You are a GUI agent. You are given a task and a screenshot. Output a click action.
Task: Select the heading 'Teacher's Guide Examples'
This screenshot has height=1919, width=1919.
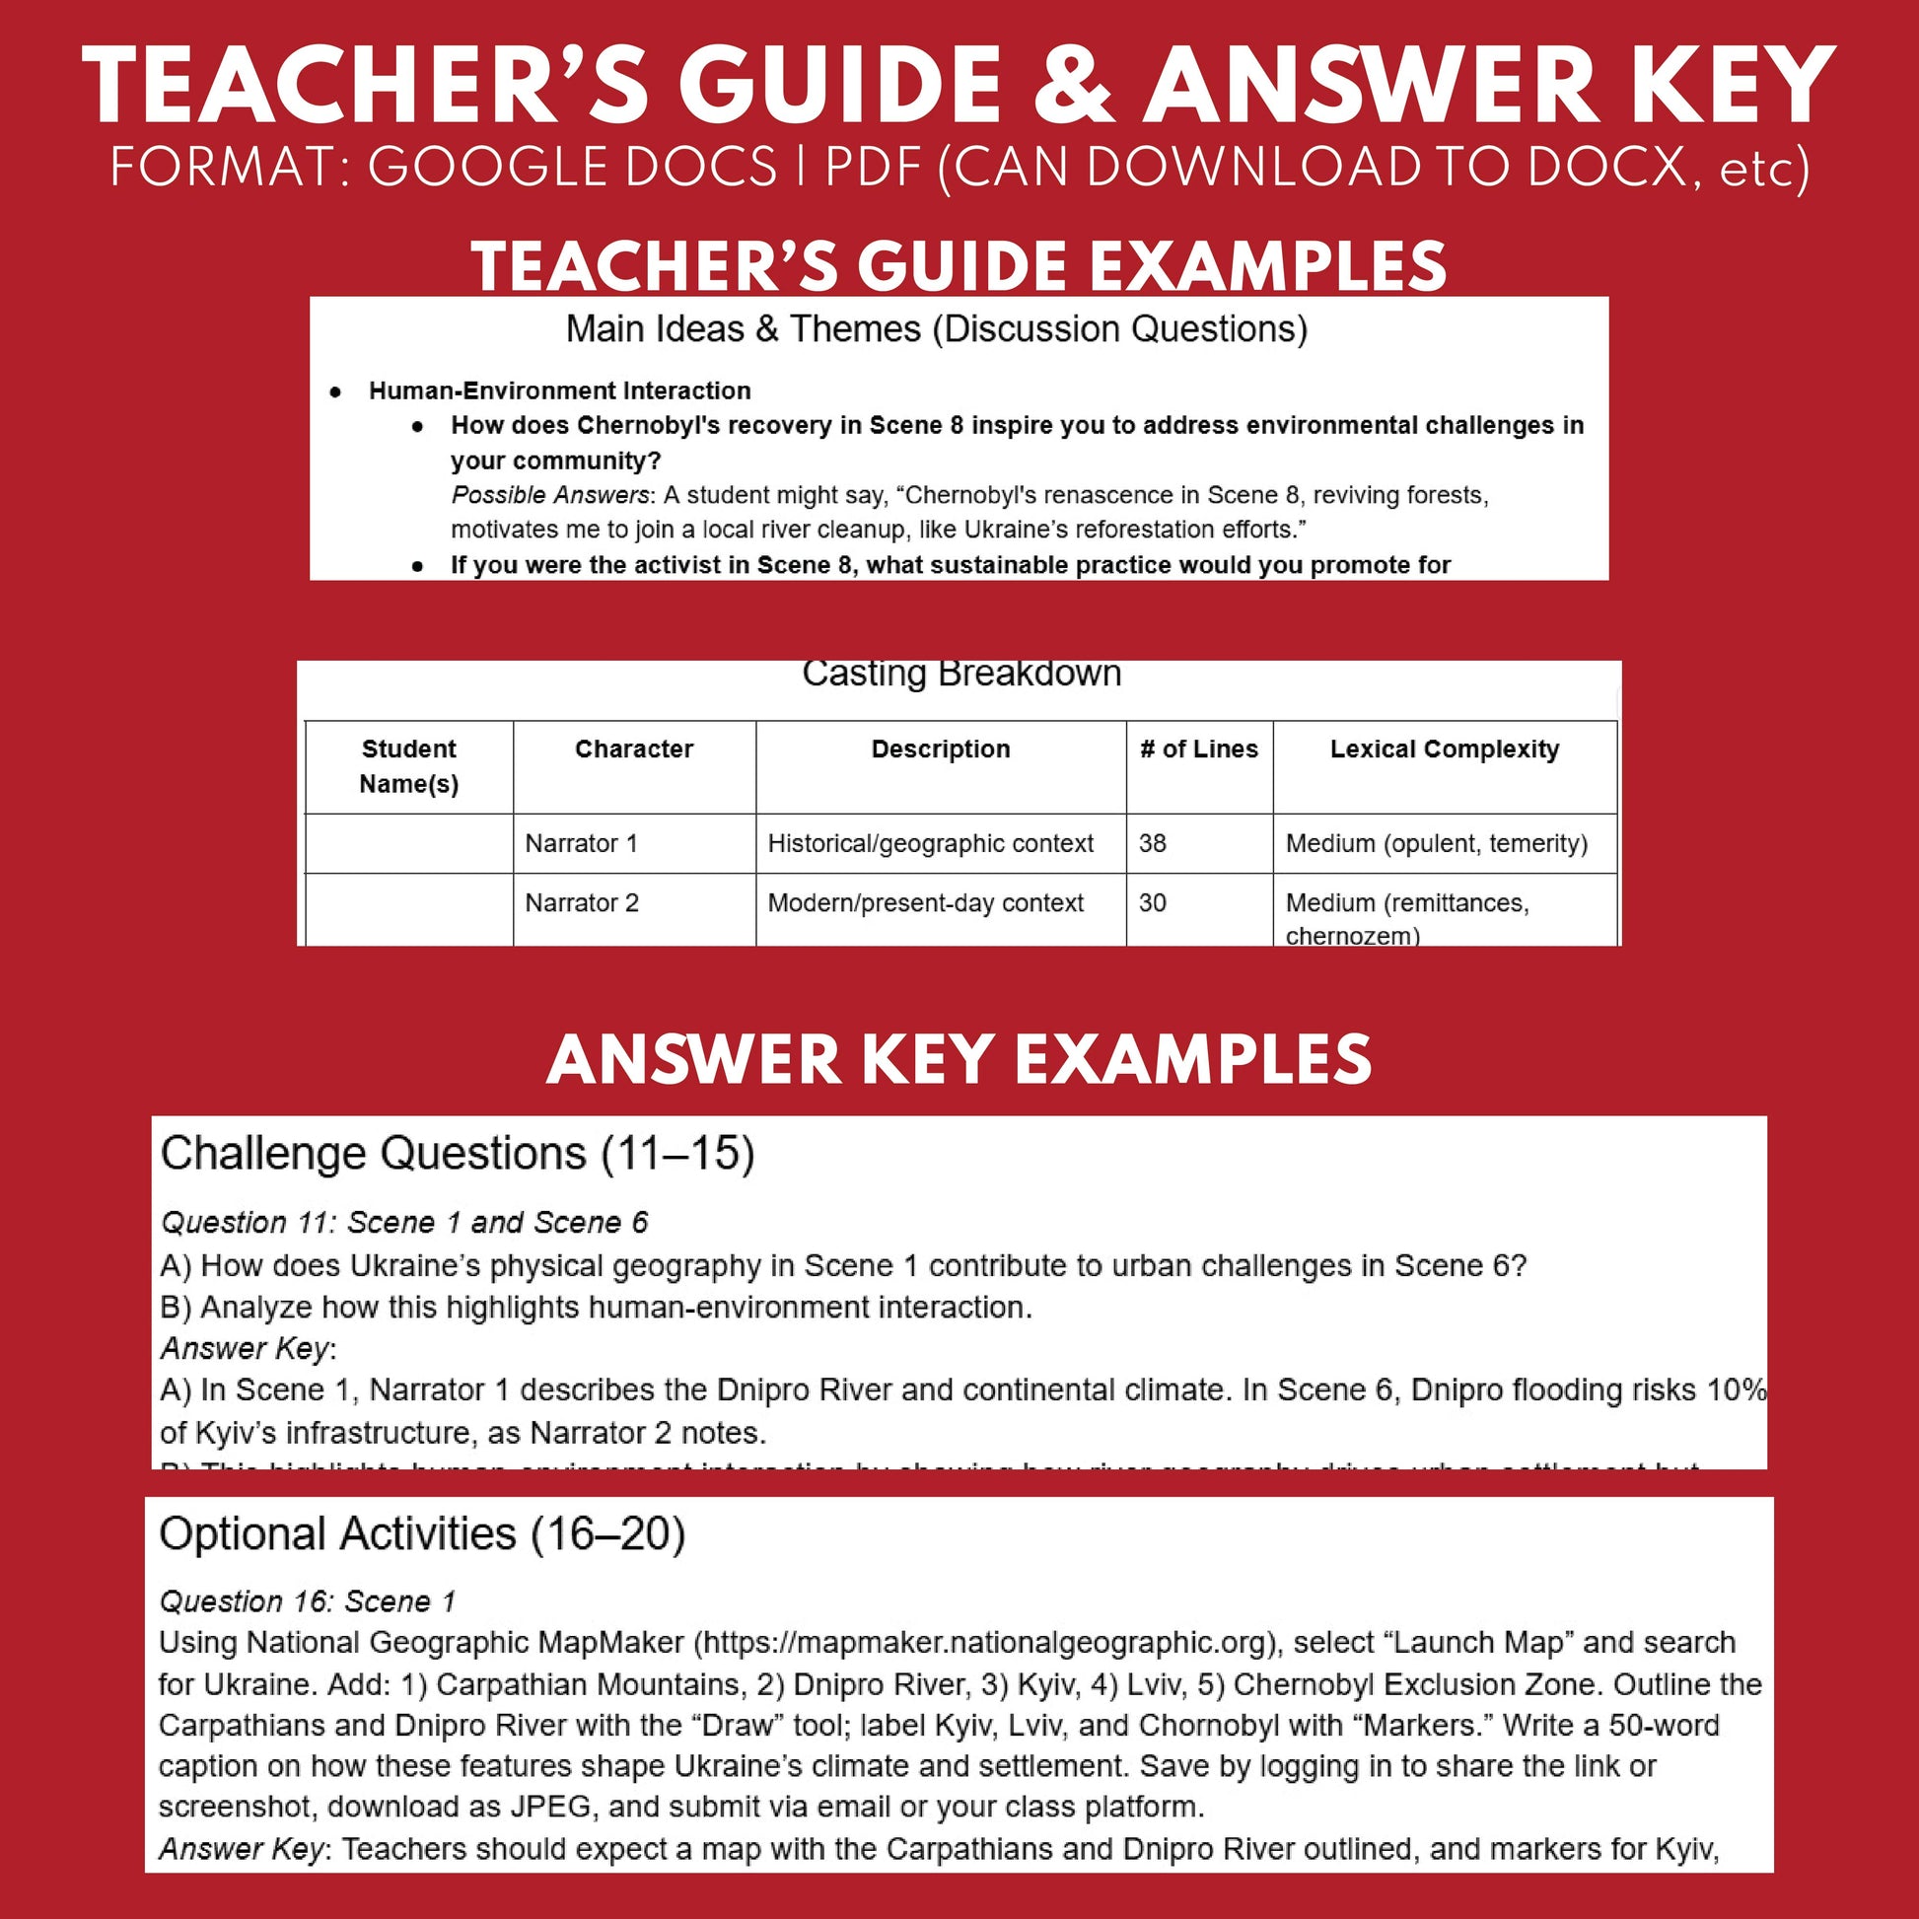(959, 266)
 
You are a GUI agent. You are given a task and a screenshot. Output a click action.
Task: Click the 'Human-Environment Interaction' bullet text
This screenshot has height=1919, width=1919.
(559, 391)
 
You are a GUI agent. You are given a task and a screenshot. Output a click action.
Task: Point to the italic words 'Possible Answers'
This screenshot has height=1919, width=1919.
(549, 495)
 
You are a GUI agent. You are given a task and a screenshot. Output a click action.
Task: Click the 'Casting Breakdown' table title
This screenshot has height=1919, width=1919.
(960, 674)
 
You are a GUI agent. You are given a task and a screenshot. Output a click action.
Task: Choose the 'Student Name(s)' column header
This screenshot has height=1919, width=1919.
(408, 766)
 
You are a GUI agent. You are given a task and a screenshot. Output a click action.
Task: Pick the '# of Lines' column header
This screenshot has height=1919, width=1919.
(1198, 748)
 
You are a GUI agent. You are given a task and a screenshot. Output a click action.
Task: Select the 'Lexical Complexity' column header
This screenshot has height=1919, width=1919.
(1444, 748)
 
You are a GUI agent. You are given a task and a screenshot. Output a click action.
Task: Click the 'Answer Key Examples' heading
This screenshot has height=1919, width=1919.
(959, 1060)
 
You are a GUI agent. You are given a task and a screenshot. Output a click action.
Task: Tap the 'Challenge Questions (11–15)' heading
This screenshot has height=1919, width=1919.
(457, 1154)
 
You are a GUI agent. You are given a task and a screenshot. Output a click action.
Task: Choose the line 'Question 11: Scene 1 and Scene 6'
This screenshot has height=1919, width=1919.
(403, 1223)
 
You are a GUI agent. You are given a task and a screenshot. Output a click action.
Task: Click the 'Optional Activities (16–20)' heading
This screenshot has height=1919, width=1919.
(422, 1534)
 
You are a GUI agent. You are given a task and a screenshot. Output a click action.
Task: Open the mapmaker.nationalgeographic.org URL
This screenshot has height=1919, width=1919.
(984, 1643)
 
